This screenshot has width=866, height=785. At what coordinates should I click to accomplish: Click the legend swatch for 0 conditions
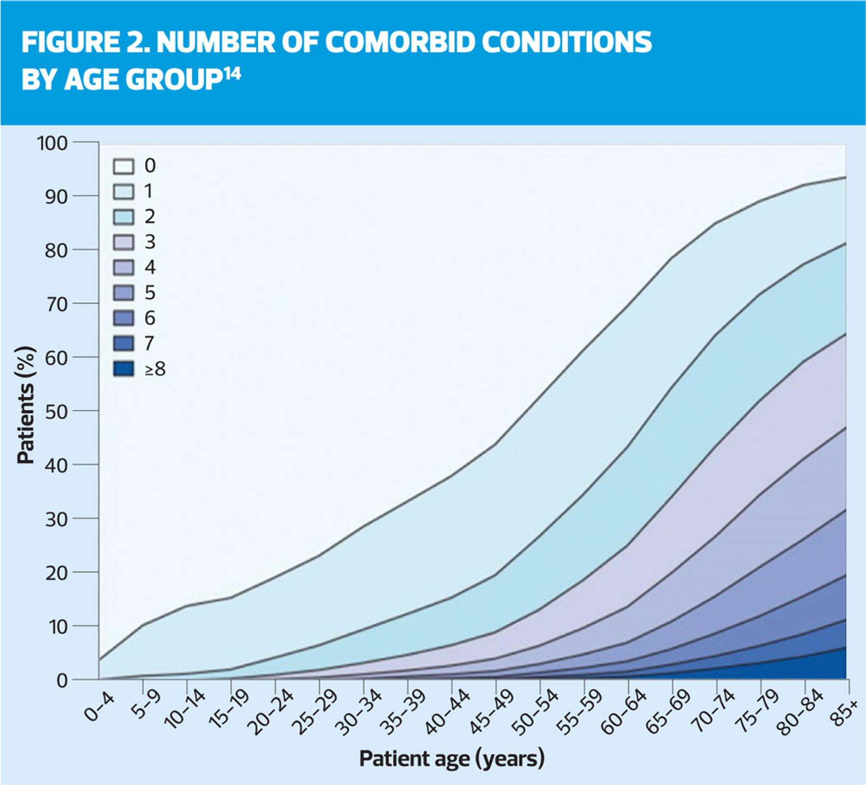123,166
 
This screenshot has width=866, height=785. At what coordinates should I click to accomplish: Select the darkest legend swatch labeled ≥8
123,369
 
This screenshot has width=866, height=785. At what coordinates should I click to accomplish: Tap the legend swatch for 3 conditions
123,242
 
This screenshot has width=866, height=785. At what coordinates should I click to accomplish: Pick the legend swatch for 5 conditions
123,293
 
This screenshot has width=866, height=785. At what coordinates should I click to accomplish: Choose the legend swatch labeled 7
123,344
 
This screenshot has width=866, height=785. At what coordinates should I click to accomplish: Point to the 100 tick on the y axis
52,143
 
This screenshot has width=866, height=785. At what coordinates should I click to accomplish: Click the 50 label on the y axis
56,411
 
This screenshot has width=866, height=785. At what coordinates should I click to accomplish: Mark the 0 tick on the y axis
62,680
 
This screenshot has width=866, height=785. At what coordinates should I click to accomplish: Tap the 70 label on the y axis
56,304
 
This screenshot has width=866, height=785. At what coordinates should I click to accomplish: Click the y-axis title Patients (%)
26,405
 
